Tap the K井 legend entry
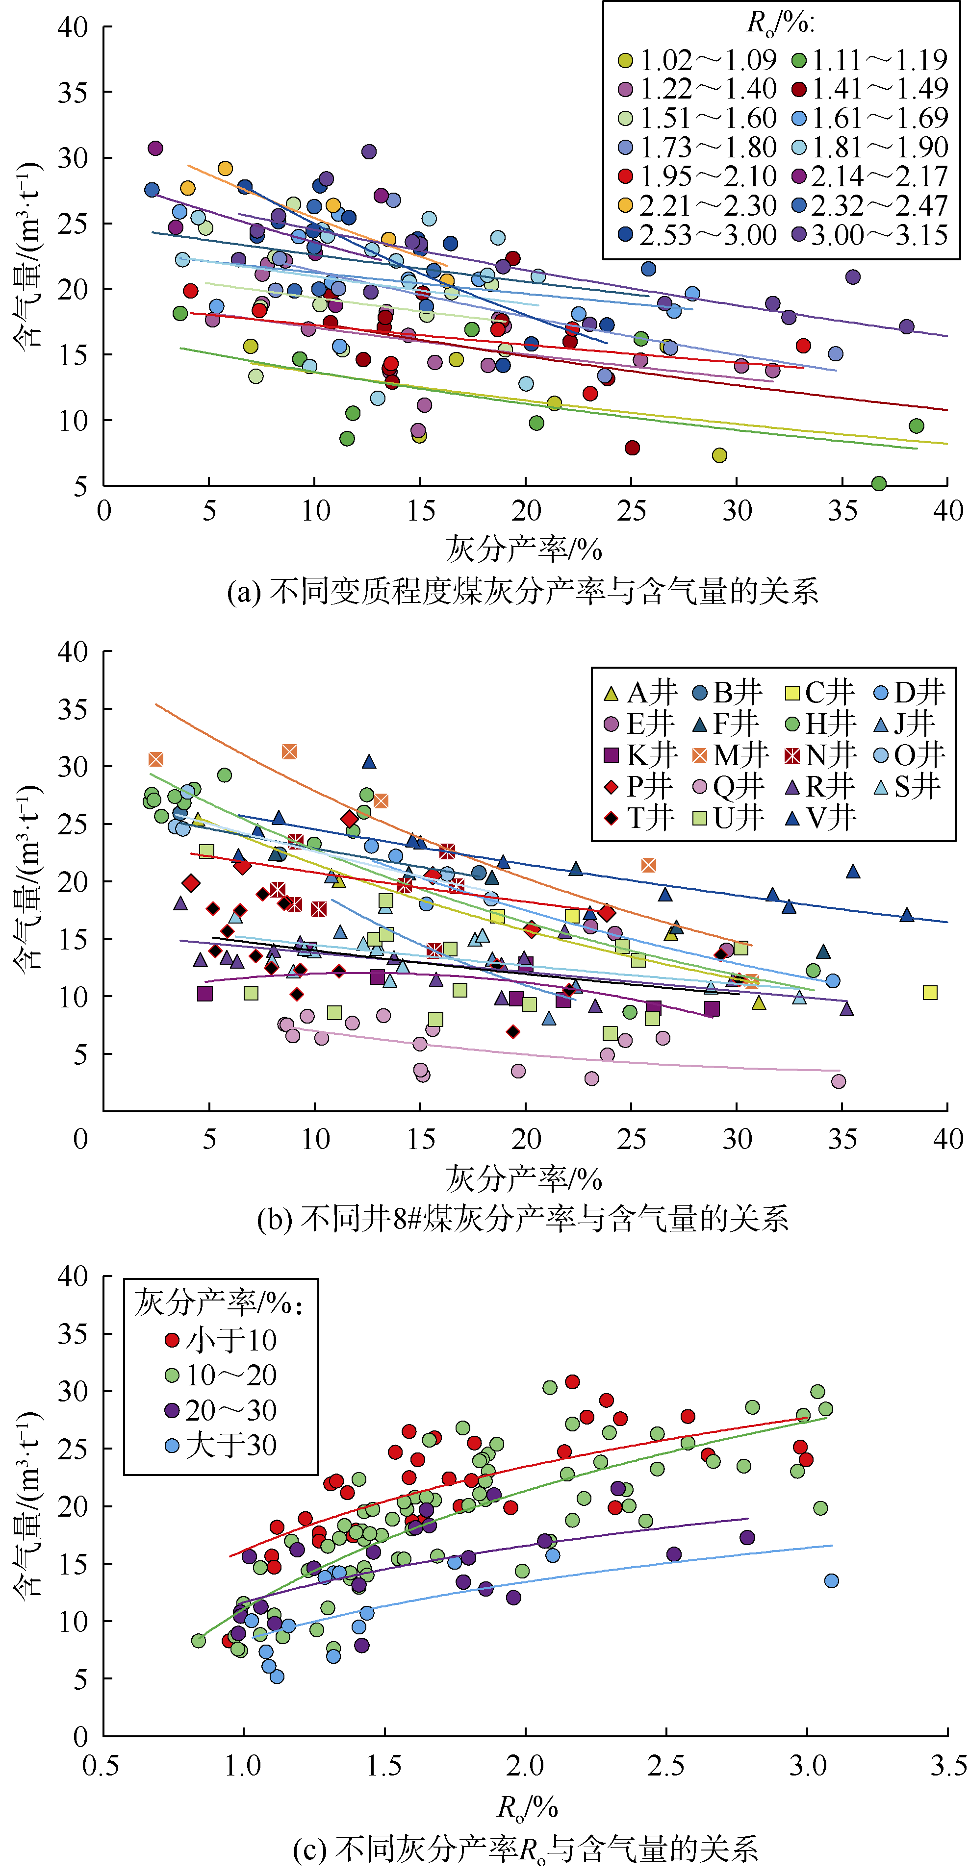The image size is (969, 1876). (642, 755)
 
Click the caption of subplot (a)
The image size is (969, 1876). (522, 591)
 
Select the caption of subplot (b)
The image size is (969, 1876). (522, 1218)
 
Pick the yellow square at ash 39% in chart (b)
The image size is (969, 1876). (930, 993)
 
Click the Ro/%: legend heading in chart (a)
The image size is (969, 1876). (780, 24)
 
